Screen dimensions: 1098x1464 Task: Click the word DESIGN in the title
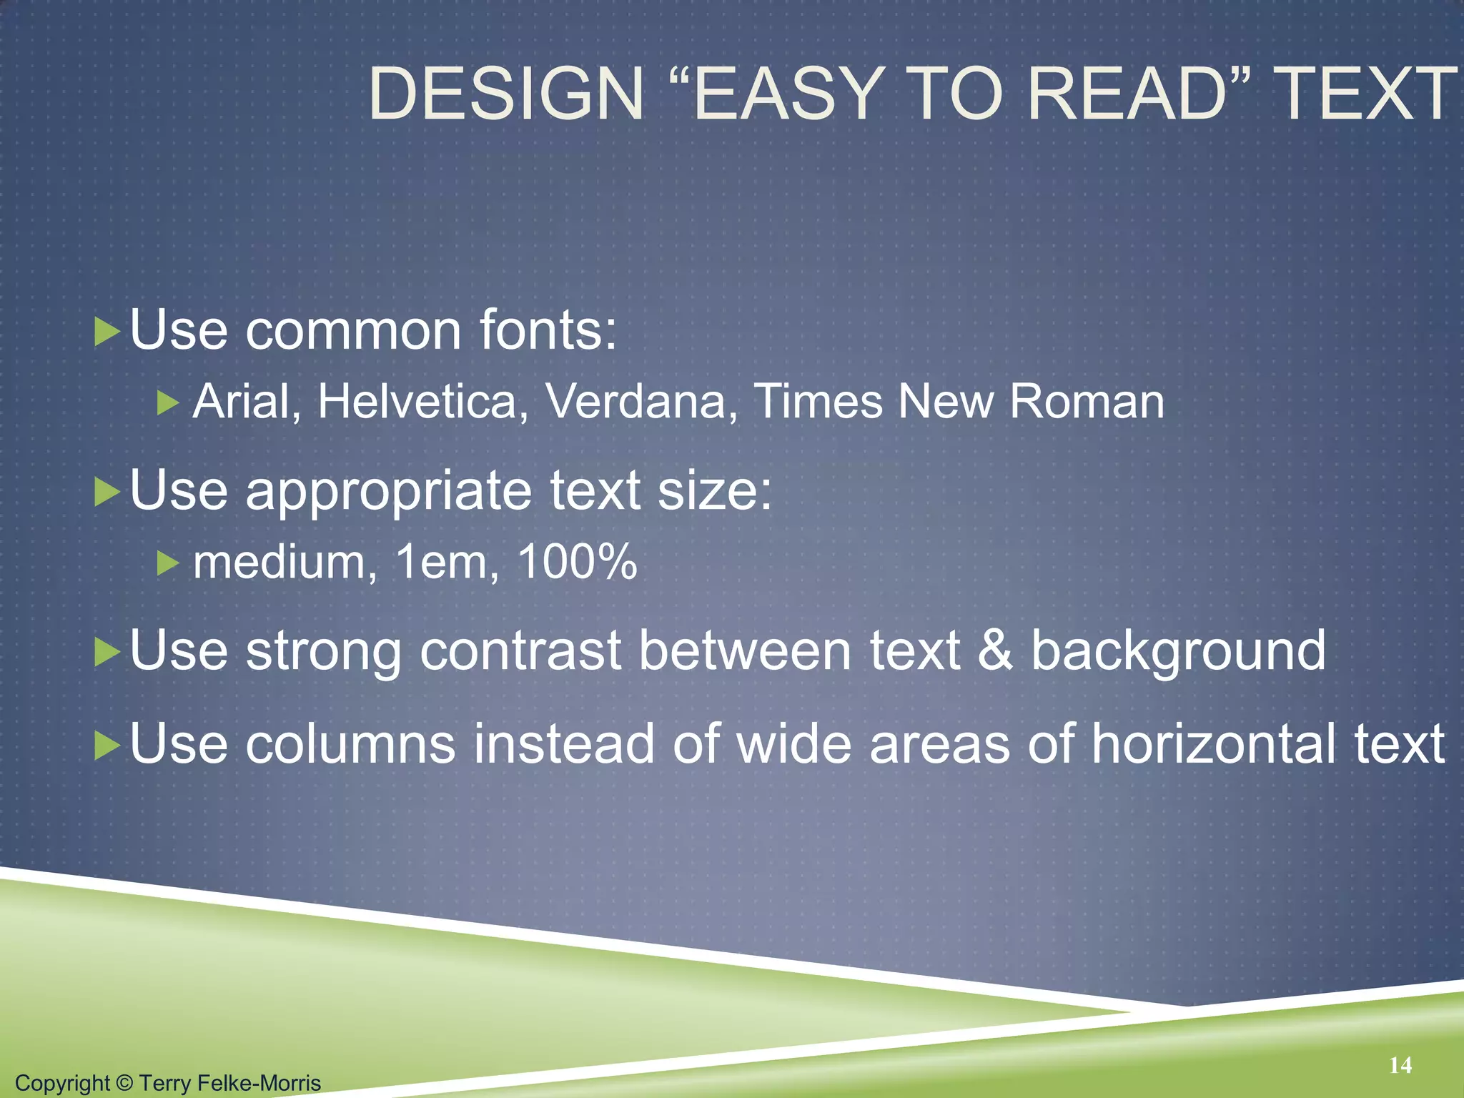point(506,94)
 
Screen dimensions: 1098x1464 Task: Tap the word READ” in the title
point(1139,94)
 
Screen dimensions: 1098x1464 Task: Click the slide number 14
point(1400,1065)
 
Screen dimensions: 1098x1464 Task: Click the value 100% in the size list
point(576,562)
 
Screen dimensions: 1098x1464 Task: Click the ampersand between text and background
point(994,651)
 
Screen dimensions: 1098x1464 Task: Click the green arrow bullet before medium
point(167,564)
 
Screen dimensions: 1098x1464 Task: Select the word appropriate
point(388,492)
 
